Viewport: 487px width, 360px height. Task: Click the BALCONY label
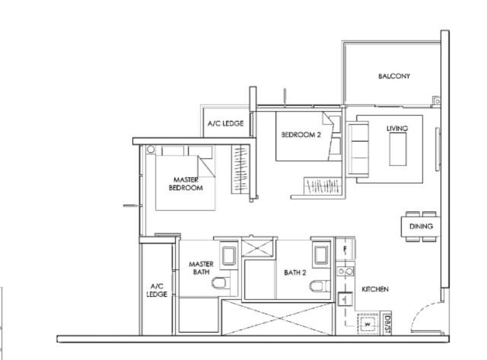pos(394,76)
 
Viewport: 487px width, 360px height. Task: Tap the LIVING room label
pos(397,129)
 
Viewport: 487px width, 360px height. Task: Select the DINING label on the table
pos(421,227)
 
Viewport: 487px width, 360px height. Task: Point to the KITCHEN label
pos(375,289)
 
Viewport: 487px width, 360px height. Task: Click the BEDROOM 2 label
pos(301,135)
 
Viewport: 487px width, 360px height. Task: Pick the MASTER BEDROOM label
pos(186,184)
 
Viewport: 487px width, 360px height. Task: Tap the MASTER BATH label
pos(201,268)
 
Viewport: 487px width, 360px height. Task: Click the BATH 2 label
pos(295,272)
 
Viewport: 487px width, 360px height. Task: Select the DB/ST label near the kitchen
pos(387,323)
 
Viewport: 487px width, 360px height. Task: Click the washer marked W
pos(368,324)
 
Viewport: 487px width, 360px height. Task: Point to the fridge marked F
pos(345,249)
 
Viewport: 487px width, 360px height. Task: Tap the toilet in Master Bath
pos(221,283)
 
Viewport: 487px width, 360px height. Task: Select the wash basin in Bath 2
pos(321,255)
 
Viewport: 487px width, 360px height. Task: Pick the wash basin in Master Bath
pos(228,255)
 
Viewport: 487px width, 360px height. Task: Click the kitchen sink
pos(345,299)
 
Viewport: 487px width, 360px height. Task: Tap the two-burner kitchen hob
pos(345,272)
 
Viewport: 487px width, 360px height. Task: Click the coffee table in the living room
pos(398,149)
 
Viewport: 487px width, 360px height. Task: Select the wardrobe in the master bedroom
pos(240,170)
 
